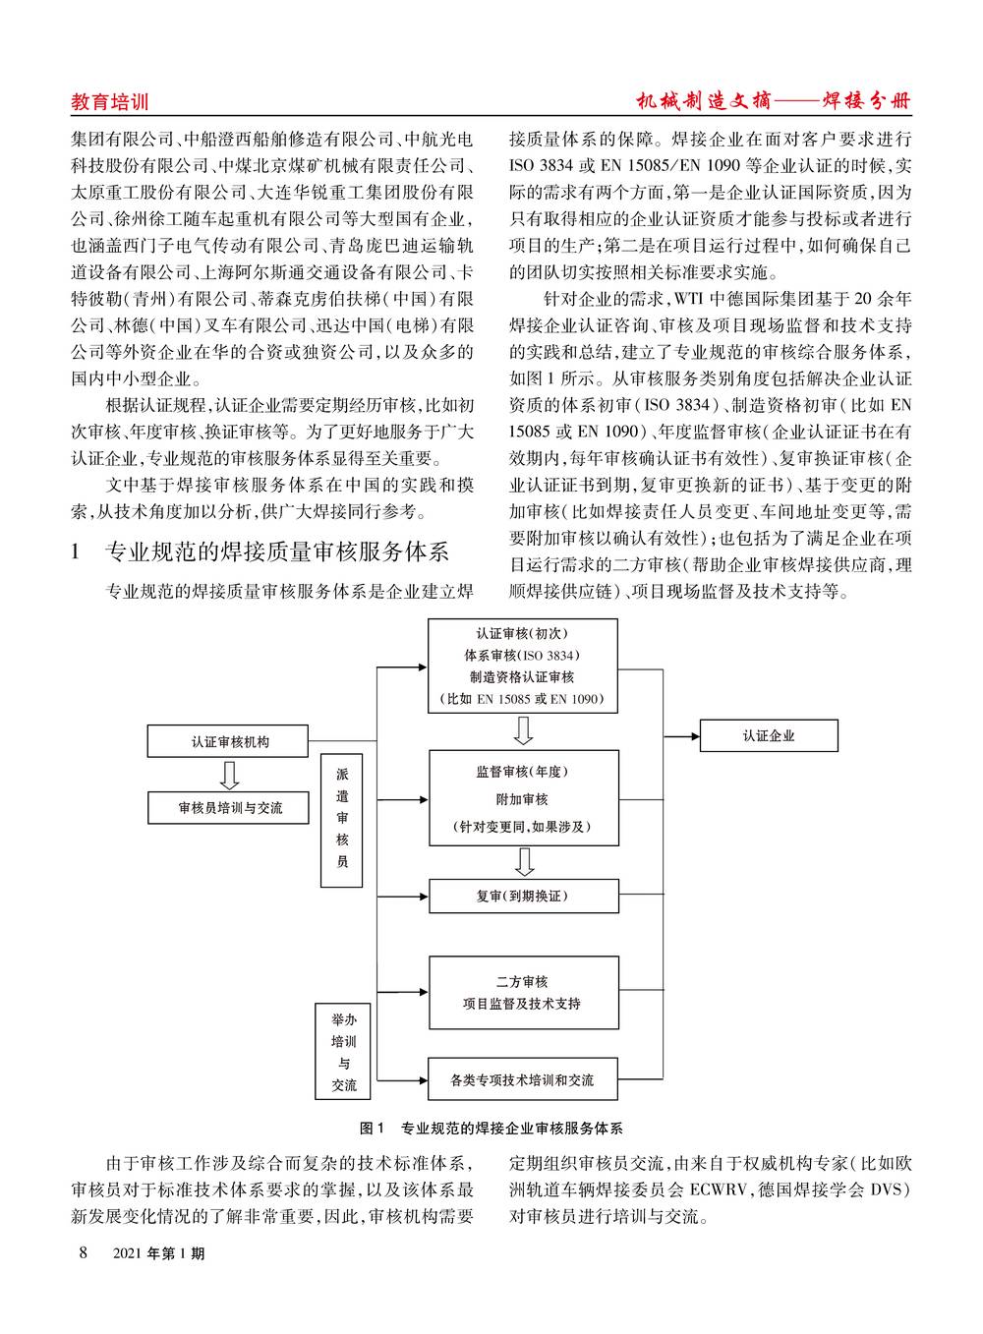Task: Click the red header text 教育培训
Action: pyautogui.click(x=109, y=102)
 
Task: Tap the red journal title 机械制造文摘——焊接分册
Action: pyautogui.click(x=774, y=100)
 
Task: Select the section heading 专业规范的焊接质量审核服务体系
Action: pyautogui.click(x=277, y=551)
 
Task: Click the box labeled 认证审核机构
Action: pyautogui.click(x=228, y=741)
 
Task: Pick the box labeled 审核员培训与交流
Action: pyautogui.click(x=229, y=807)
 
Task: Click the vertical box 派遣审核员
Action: pyautogui.click(x=342, y=821)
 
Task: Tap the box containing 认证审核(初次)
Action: pyautogui.click(x=523, y=666)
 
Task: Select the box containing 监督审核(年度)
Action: pyautogui.click(x=524, y=798)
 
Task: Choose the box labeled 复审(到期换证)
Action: pyautogui.click(x=524, y=896)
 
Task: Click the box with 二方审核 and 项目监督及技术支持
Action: pyautogui.click(x=524, y=993)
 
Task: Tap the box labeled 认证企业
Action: pyautogui.click(x=769, y=735)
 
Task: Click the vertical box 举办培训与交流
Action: pyautogui.click(x=343, y=1052)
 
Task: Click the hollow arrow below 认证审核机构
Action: pyautogui.click(x=229, y=775)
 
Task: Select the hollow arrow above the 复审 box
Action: pyautogui.click(x=524, y=861)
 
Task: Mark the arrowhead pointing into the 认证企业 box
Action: pyautogui.click(x=694, y=736)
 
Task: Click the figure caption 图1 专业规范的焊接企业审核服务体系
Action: pyautogui.click(x=491, y=1128)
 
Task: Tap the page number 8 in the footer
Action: pyautogui.click(x=83, y=1252)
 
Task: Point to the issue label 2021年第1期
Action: pyautogui.click(x=159, y=1253)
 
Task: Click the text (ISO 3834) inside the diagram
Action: pyautogui.click(x=549, y=655)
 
